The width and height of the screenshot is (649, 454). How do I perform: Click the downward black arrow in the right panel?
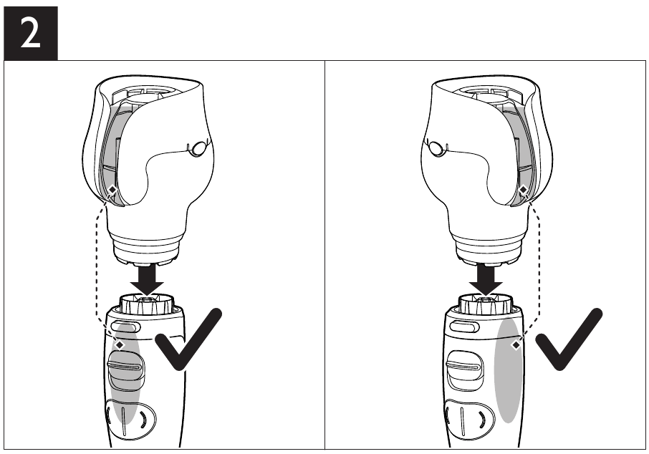(x=489, y=280)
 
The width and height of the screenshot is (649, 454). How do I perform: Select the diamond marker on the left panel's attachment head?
(x=112, y=190)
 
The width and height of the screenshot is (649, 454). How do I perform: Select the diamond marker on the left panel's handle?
(x=120, y=345)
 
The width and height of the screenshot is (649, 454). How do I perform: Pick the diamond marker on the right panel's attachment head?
(x=524, y=190)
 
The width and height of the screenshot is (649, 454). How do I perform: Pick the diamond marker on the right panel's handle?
(x=515, y=345)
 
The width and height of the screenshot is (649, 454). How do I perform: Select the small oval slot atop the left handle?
(x=124, y=327)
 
